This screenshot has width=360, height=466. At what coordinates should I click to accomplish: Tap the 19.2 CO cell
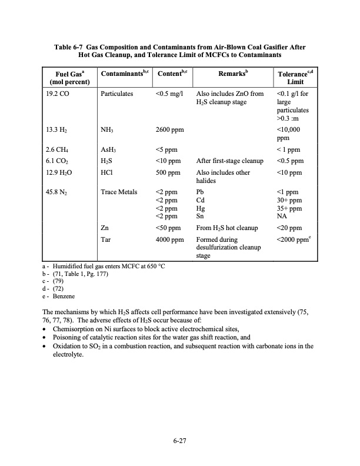(58, 94)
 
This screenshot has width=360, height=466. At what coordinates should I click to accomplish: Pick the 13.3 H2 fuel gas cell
(57, 132)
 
